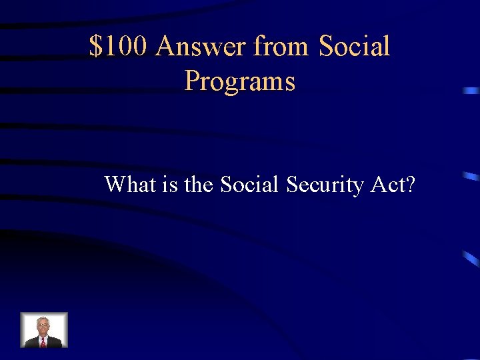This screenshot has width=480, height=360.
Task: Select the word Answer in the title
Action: pyautogui.click(x=201, y=47)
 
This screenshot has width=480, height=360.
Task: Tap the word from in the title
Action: pyautogui.click(x=281, y=47)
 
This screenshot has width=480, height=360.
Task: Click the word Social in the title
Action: pyautogui.click(x=354, y=47)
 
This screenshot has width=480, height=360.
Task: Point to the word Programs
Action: pyautogui.click(x=239, y=82)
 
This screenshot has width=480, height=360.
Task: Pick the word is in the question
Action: pyautogui.click(x=169, y=183)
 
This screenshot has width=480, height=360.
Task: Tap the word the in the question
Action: pyautogui.click(x=198, y=183)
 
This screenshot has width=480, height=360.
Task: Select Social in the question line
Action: pyautogui.click(x=250, y=183)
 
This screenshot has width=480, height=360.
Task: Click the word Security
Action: pyautogui.click(x=325, y=184)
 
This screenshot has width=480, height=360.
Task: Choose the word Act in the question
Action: pyautogui.click(x=387, y=183)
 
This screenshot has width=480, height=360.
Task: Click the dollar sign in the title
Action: pyautogui.click(x=96, y=47)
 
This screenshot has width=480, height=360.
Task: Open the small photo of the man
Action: pyautogui.click(x=44, y=330)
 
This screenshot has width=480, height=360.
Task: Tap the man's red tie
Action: pyautogui.click(x=43, y=341)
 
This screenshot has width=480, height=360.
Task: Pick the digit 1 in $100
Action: pyautogui.click(x=110, y=47)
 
